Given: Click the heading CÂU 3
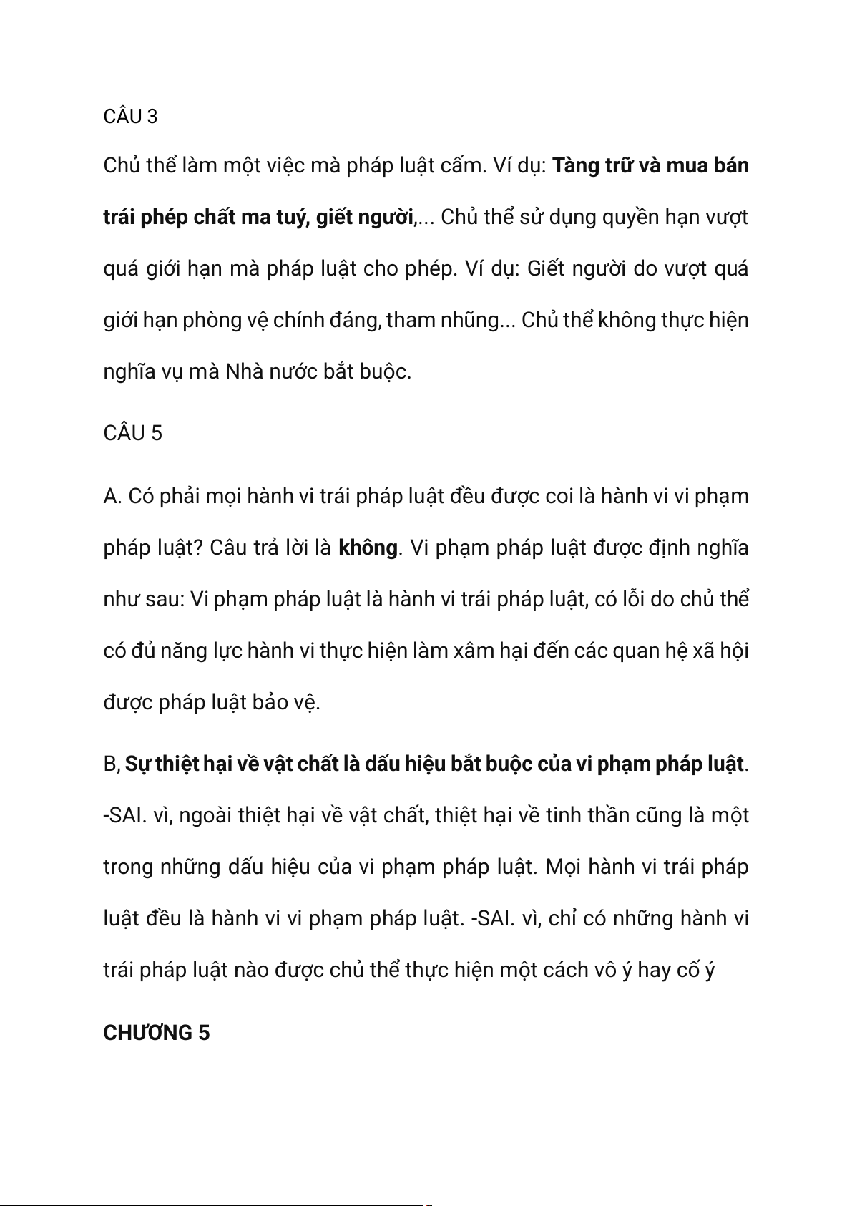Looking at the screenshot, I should click(130, 116).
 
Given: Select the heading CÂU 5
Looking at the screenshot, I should click(132, 433).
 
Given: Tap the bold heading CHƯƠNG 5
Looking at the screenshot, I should click(156, 1033).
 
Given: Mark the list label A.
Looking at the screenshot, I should click(112, 496).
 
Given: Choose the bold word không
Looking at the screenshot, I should click(367, 548).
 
